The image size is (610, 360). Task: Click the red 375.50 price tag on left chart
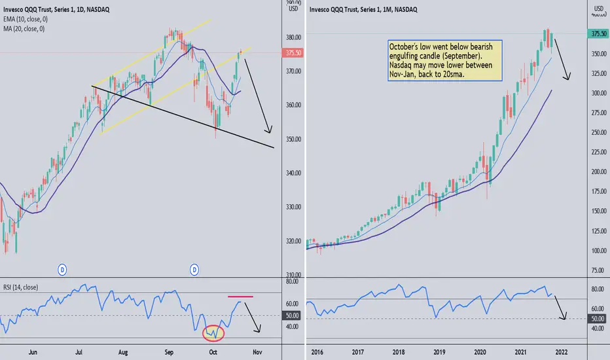293,54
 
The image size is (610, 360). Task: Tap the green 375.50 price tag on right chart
598,35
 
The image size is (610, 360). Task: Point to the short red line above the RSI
240,297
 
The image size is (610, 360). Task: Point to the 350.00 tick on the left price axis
292,139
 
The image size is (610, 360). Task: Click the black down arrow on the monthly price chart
562,60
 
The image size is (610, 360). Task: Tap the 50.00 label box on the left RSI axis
293,315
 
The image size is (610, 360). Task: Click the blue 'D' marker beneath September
194,269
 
